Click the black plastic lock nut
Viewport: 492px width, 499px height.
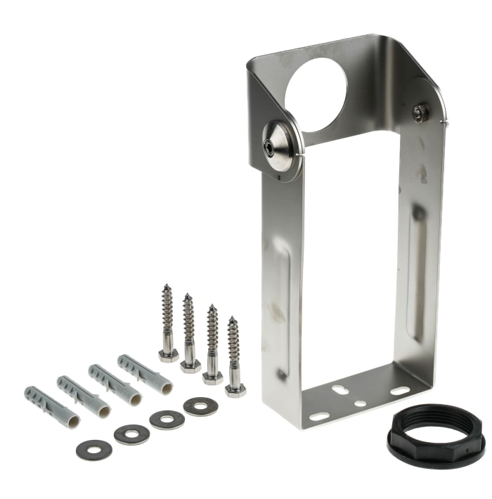[x=436, y=436]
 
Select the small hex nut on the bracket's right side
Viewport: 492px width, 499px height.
[x=420, y=112]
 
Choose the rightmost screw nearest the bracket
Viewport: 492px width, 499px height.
[x=234, y=355]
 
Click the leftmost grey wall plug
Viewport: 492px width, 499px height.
[x=51, y=407]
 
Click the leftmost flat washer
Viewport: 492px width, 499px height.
[x=94, y=449]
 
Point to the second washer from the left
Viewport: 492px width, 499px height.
[x=131, y=434]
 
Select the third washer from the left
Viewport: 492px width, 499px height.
[x=167, y=420]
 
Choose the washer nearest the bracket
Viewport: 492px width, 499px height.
[x=200, y=406]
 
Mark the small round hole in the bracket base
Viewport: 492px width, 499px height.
[x=360, y=403]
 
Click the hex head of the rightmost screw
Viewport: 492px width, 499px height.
[x=235, y=390]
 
